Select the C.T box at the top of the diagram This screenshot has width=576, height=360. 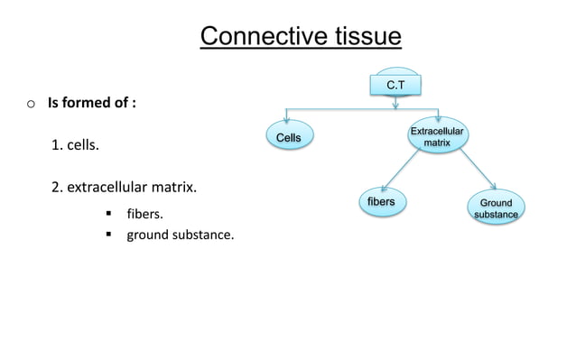click(395, 85)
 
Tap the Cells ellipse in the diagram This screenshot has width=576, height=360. click(288, 136)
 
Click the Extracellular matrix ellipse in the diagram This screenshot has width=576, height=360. click(438, 138)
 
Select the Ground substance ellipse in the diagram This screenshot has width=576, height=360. click(496, 208)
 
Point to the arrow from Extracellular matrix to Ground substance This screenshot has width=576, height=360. click(475, 170)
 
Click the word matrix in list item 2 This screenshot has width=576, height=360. click(175, 189)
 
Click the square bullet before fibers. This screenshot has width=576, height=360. click(107, 214)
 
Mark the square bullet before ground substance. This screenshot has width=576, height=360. click(107, 235)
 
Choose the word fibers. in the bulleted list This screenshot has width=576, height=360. click(144, 214)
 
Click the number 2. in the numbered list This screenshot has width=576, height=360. click(57, 189)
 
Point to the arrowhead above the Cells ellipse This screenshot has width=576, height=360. click(287, 120)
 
